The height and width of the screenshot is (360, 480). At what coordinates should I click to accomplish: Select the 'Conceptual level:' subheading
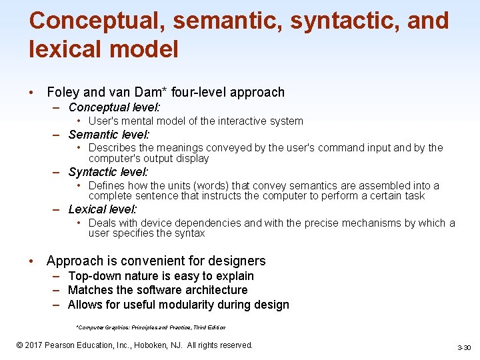[x=115, y=107]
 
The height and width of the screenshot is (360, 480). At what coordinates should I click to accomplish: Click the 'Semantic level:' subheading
[x=109, y=134]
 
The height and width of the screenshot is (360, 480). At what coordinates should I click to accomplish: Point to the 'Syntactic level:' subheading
[x=108, y=172]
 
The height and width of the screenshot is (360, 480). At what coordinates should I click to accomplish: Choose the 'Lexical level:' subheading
[x=103, y=209]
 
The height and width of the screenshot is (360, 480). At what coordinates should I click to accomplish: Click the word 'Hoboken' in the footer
[x=153, y=345]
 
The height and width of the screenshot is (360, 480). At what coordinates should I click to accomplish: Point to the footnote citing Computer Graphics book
[x=151, y=327]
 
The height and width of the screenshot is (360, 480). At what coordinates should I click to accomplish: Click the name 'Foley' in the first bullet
[x=63, y=93]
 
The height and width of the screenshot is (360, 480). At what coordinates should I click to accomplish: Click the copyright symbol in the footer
[x=20, y=345]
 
